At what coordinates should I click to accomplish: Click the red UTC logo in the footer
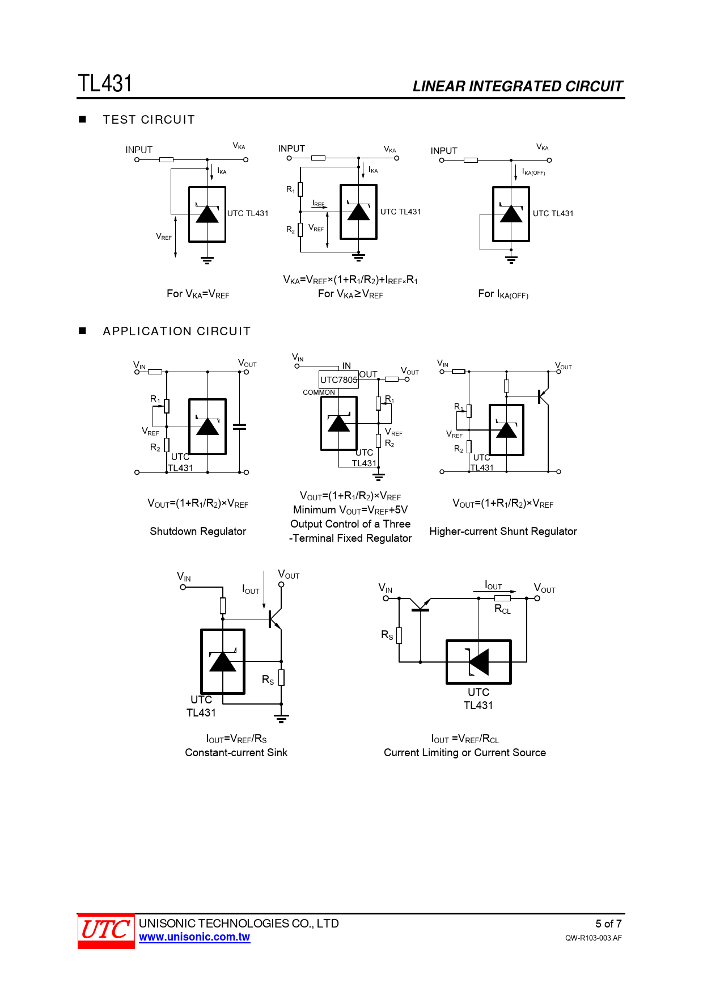[106, 930]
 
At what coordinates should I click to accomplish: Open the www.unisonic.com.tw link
[194, 937]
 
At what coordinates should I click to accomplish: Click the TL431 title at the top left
[105, 83]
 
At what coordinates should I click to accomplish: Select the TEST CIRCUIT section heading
[149, 120]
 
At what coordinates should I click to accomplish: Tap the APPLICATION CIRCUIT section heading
[176, 331]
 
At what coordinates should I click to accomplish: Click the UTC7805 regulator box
[338, 380]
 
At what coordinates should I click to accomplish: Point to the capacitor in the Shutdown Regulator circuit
[240, 427]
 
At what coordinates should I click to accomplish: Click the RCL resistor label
[503, 609]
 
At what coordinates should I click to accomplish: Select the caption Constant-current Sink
[236, 753]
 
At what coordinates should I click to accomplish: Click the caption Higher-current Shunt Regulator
[503, 532]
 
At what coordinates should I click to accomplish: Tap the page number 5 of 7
[608, 924]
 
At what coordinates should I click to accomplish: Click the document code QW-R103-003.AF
[593, 938]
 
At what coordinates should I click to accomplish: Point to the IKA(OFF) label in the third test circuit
[533, 172]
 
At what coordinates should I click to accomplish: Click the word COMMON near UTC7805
[319, 393]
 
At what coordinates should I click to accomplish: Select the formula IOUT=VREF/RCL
[465, 739]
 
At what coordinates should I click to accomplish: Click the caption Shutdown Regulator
[198, 532]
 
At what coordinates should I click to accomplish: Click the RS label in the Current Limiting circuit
[387, 635]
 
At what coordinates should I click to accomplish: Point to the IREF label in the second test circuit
[319, 204]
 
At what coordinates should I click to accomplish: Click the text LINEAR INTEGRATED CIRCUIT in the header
[518, 86]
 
